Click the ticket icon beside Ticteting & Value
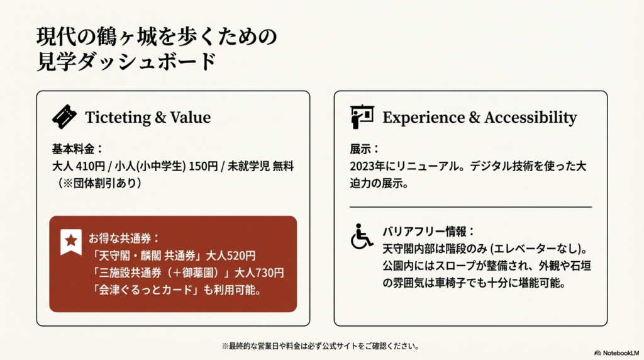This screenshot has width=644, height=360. [64, 116]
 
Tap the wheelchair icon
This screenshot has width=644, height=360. [361, 236]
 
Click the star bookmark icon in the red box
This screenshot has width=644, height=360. [70, 242]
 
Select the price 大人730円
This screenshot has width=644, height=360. [260, 273]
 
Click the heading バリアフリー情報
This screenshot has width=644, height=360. [428, 230]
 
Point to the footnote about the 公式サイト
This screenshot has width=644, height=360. [320, 346]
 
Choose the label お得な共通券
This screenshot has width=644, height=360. [123, 239]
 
